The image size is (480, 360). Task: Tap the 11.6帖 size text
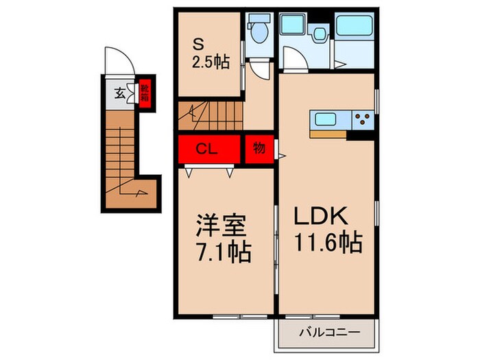coord(328,244)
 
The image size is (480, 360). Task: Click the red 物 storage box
coord(259,149)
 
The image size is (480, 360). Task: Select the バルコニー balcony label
coord(327,335)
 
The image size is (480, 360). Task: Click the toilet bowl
coord(259,34)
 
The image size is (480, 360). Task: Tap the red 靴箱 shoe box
coord(145,93)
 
